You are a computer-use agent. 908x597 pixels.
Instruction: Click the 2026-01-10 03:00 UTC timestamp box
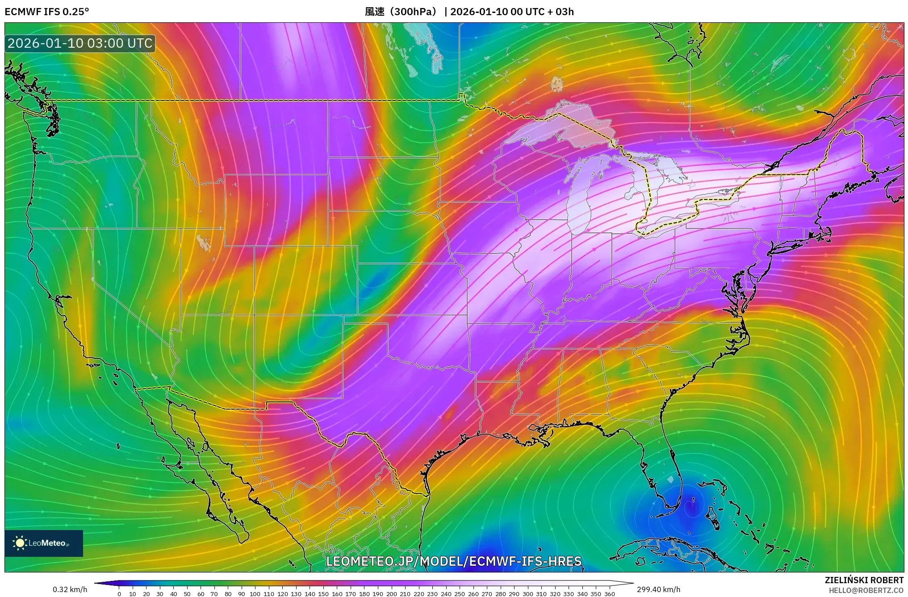pos(80,43)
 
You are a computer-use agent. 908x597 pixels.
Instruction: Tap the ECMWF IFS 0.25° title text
pos(47,12)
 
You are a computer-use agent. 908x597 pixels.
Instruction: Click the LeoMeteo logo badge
pos(44,543)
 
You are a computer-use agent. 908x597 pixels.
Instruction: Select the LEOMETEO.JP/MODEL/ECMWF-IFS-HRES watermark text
pos(454,561)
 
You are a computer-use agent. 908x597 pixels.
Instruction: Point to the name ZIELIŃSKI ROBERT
pos(864,580)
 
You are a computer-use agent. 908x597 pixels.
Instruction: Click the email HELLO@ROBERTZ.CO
pos(866,590)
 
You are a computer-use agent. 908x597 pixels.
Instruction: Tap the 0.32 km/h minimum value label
pos(70,589)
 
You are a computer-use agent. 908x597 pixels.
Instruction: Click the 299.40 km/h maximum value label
pos(658,589)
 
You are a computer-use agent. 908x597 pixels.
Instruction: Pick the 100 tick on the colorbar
pos(255,593)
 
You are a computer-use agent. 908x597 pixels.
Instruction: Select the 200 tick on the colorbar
pos(391,593)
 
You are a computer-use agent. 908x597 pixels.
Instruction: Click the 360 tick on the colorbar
pos(609,593)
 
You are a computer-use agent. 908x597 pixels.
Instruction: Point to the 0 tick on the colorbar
pos(119,593)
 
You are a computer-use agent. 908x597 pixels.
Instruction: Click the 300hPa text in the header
pos(414,12)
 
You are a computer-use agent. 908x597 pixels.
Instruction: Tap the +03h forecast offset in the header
pos(565,12)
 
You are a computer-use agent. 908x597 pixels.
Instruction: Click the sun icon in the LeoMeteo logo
pos(20,543)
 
